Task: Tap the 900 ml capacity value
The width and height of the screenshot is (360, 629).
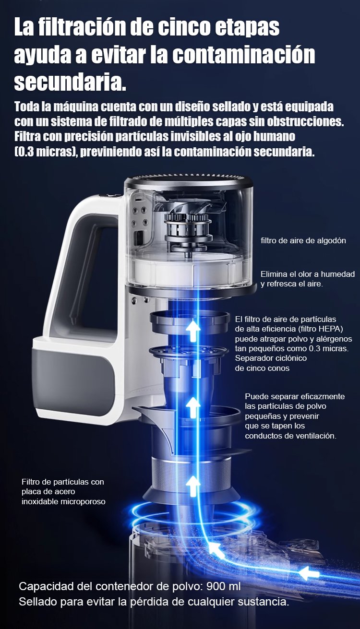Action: click(223, 586)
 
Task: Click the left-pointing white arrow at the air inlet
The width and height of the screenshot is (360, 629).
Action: click(309, 573)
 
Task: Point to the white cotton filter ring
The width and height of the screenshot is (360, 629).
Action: click(190, 271)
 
